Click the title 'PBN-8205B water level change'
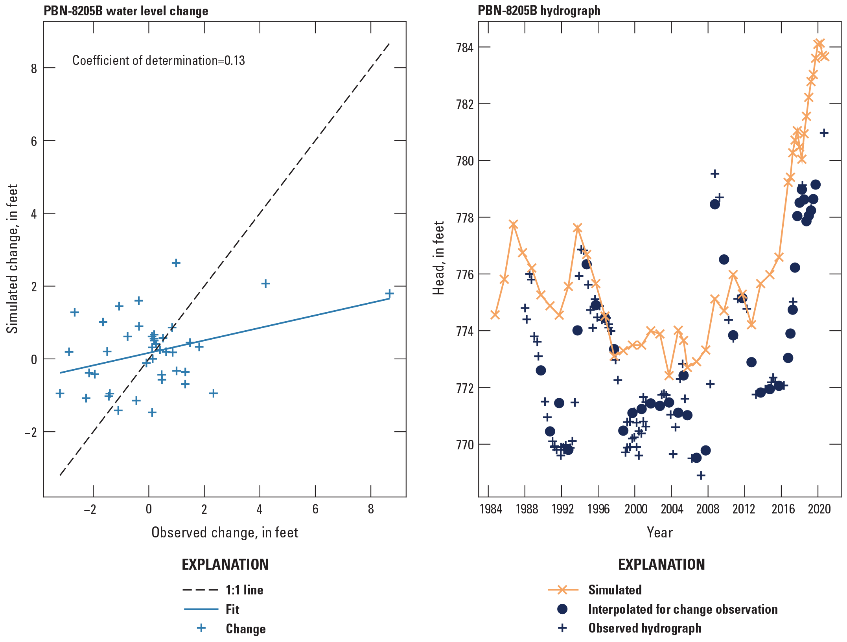point(126,11)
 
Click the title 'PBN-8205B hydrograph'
point(539,11)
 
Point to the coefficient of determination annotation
point(158,61)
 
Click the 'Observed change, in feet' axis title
point(225,532)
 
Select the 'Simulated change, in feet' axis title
point(13,259)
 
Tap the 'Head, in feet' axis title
point(438,258)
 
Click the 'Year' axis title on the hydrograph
point(659,532)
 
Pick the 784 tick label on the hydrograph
point(464,48)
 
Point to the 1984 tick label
point(491,509)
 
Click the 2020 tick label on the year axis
point(819,509)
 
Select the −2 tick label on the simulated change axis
point(31,432)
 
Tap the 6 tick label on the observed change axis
point(315,509)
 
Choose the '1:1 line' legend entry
point(244,590)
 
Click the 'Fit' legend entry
point(232,609)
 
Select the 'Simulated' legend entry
point(615,590)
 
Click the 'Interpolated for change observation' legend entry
point(683,609)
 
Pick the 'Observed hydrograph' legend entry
point(644,628)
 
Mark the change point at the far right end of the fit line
point(389,293)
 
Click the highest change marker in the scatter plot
point(176,263)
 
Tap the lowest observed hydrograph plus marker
point(701,475)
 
